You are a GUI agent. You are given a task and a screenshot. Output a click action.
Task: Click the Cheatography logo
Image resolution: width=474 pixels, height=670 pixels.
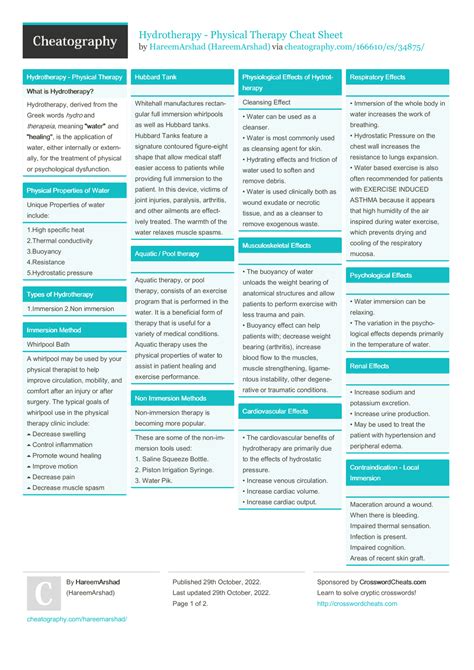coord(65,41)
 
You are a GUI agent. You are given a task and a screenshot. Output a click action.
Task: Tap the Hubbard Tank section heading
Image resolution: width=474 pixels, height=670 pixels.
coord(156,76)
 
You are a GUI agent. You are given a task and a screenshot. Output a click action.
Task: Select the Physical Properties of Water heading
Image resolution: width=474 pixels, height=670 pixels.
coord(68,190)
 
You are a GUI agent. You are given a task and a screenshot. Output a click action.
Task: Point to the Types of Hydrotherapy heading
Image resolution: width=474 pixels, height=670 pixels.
coord(61,294)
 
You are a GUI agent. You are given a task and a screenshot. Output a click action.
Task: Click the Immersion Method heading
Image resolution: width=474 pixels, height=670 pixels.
coord(55,329)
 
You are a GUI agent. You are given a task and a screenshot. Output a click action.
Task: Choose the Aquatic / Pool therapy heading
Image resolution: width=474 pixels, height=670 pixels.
coord(168,254)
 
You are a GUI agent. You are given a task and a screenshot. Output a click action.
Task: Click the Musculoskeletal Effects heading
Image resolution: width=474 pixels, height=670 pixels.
coord(277,245)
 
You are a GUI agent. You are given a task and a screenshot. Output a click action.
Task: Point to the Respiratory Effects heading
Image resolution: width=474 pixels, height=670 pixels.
coord(378,76)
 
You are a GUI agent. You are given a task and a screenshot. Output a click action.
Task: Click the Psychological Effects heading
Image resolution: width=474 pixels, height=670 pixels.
coord(382,275)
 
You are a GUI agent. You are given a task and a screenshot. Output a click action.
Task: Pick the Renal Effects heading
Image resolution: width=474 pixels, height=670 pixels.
coord(370,366)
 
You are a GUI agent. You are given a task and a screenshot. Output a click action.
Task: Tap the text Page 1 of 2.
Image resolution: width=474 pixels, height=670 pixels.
coord(197,604)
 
